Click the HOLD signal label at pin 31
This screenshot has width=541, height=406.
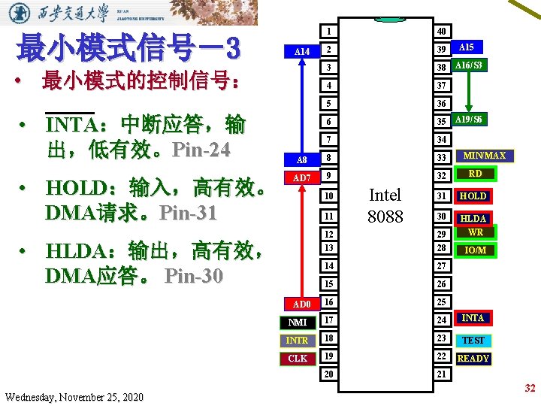coord(473,196)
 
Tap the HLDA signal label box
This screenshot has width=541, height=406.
coord(474,218)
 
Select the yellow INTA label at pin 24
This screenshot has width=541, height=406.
coord(473,318)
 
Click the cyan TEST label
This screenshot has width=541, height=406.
coord(473,340)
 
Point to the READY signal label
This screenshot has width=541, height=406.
coord(473,359)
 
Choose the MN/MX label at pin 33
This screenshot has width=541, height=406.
coord(484,156)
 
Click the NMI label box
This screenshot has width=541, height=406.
coord(298,323)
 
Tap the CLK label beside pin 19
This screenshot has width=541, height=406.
coord(298,359)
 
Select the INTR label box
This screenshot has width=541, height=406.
coord(298,341)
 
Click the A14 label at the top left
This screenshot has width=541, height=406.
coord(301,52)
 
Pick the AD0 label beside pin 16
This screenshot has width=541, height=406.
coord(301,304)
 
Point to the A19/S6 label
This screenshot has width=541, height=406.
coord(469,120)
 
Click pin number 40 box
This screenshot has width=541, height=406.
coord(443,31)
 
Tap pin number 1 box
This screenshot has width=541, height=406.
coord(328,31)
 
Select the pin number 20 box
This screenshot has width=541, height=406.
coord(328,374)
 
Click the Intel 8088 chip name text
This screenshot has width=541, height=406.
coord(385,206)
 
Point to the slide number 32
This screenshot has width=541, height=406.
coord(530,388)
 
